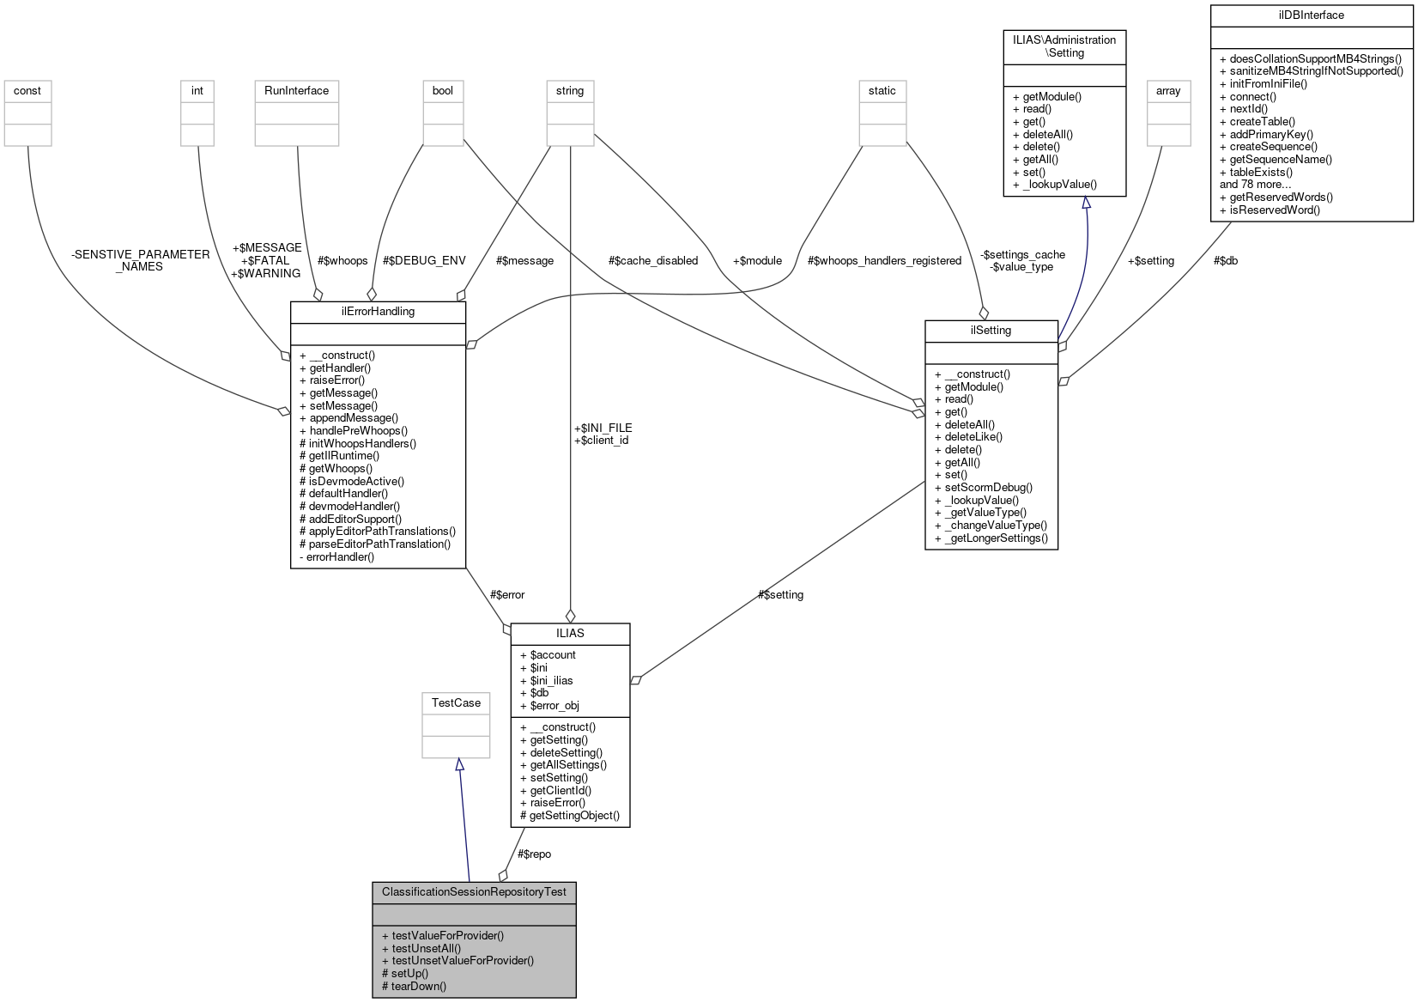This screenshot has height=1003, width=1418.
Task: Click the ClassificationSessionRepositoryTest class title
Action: pos(474,891)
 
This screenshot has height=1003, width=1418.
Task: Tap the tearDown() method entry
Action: pos(418,986)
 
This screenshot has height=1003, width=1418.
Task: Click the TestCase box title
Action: pos(456,702)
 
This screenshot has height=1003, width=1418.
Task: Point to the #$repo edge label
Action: pos(534,854)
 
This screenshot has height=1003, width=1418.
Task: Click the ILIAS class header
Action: pos(570,633)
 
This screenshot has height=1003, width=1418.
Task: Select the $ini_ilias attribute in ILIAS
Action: pos(551,680)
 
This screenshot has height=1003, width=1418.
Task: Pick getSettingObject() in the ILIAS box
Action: pos(573,815)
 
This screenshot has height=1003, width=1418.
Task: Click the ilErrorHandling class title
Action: pos(378,311)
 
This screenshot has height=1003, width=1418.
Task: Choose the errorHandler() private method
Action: pos(341,556)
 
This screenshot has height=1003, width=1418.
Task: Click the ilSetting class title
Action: pos(991,330)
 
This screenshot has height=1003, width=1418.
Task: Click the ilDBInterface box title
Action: pos(1311,15)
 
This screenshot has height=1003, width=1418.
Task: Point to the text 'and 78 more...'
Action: pos(1255,184)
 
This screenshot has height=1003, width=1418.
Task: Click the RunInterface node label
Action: pos(296,90)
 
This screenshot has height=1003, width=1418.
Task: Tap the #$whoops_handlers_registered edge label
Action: pos(884,260)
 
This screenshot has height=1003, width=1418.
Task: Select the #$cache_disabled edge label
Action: pos(653,260)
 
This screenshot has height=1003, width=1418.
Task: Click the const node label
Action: pos(27,90)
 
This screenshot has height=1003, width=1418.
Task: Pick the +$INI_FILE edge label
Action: pos(603,428)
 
